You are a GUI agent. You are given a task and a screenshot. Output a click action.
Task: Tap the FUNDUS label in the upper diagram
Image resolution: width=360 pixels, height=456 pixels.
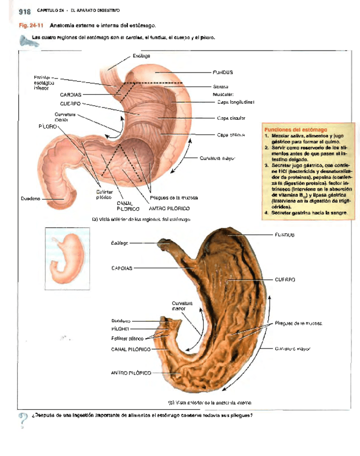[222, 72]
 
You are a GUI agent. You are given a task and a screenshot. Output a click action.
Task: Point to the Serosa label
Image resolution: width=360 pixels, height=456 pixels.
[221, 87]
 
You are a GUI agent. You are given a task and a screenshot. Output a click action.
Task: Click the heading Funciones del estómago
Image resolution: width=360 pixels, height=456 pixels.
[294, 130]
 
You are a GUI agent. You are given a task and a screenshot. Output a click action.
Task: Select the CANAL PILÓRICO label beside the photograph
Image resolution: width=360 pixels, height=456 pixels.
[131, 349]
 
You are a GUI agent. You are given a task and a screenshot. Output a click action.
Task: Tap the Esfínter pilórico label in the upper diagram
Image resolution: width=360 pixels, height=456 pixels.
[103, 195]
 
